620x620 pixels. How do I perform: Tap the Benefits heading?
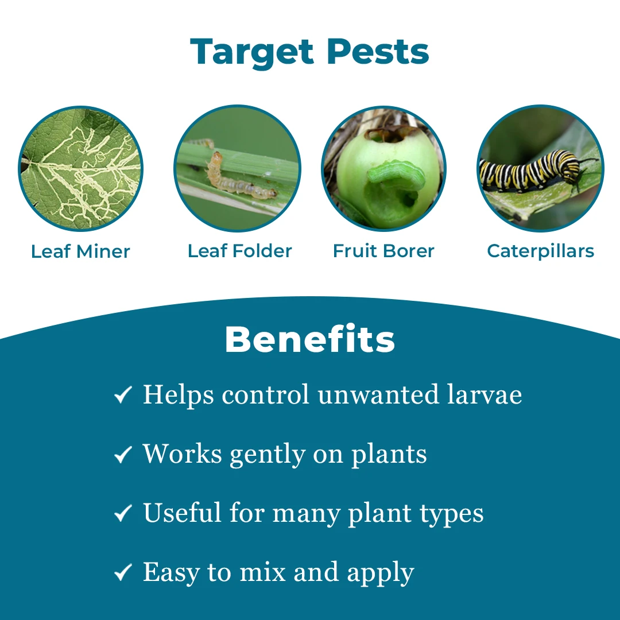(x=309, y=339)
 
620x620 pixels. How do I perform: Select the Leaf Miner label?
(x=80, y=251)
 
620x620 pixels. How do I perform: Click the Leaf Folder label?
(x=239, y=251)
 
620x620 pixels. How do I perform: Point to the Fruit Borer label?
(x=383, y=251)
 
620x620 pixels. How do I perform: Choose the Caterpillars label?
(x=540, y=251)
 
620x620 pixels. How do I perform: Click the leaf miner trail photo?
(x=81, y=168)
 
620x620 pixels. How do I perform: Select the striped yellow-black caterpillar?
(x=528, y=170)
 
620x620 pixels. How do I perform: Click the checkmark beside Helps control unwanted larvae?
(x=123, y=395)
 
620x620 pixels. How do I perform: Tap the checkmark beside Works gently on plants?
(x=123, y=455)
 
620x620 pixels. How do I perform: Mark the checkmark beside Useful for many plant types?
(x=123, y=514)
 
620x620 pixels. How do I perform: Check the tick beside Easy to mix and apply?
(x=123, y=573)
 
